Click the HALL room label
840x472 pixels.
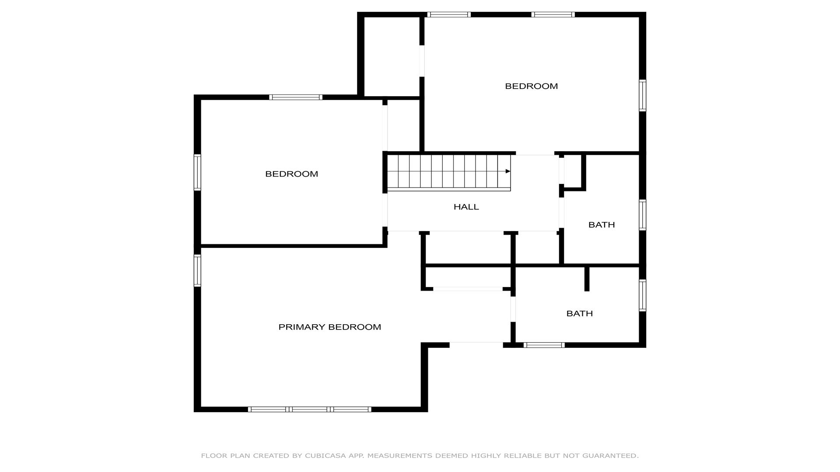coord(466,207)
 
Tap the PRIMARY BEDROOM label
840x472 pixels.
coord(330,327)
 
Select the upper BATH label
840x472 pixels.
coord(602,225)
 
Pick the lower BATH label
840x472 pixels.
coord(580,313)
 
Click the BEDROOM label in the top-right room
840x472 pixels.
coord(532,86)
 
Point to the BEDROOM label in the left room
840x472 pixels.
coord(292,174)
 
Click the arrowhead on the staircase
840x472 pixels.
coord(508,171)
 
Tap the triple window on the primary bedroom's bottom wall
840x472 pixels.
coord(310,410)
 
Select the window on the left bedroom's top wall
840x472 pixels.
coord(296,97)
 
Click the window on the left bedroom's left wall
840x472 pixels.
coord(197,172)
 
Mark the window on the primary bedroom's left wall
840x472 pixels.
coord(197,271)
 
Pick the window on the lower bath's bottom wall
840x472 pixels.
coord(544,345)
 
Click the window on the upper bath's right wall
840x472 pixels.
coord(643,215)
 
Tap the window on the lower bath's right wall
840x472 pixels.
coord(643,295)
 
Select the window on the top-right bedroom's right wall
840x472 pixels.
coord(643,95)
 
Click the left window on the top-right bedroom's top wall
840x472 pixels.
coord(449,14)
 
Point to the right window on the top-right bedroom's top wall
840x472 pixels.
coord(553,14)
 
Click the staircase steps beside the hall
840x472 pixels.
coord(449,173)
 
